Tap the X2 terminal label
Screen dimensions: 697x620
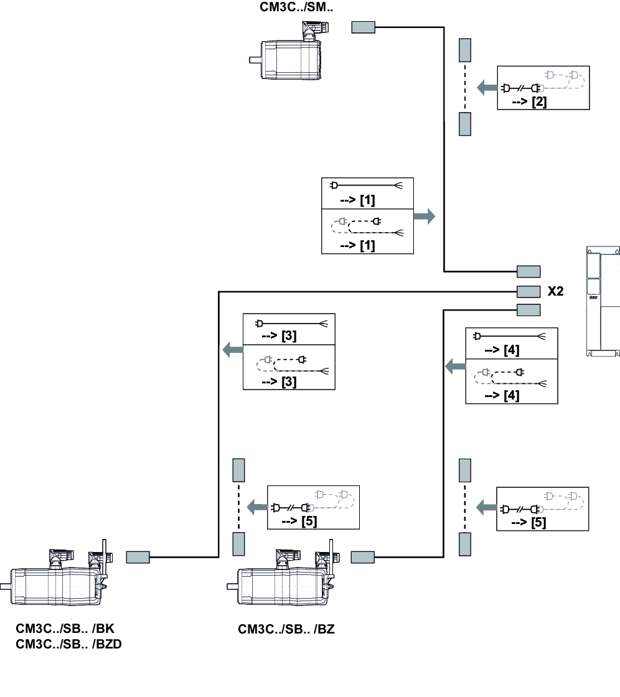555,291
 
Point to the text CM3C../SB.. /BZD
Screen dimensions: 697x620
68,644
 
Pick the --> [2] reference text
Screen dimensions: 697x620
530,101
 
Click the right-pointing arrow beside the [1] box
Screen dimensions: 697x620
425,217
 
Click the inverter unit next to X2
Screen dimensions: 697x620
603,302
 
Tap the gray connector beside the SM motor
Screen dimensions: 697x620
363,27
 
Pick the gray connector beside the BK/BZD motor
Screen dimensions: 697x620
138,557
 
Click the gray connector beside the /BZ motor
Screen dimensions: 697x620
363,557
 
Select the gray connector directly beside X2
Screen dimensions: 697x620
528,291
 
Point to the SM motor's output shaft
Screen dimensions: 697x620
255,60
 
